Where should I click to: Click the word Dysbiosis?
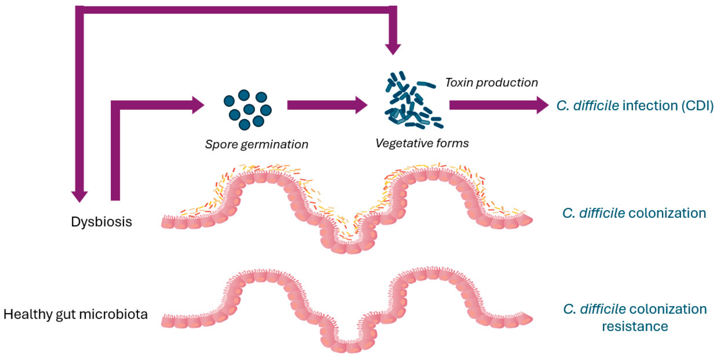click(101, 222)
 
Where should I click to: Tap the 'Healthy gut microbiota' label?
click(76, 314)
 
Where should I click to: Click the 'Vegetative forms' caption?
click(422, 143)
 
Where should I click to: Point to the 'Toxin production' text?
click(492, 83)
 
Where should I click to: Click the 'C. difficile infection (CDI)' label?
click(635, 106)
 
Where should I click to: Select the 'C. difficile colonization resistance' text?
click(635, 317)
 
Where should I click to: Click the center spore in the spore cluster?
click(249, 109)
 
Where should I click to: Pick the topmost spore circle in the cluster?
click(244, 95)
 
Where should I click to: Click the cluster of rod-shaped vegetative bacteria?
click(412, 101)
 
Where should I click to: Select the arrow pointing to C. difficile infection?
click(498, 105)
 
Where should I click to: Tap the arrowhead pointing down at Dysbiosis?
click(80, 196)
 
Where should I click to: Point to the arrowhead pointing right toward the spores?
click(198, 105)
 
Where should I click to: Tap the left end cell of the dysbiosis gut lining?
click(168, 223)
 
